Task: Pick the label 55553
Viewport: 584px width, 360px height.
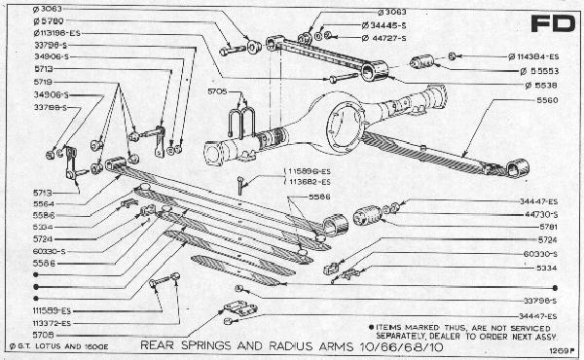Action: coord(533,71)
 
